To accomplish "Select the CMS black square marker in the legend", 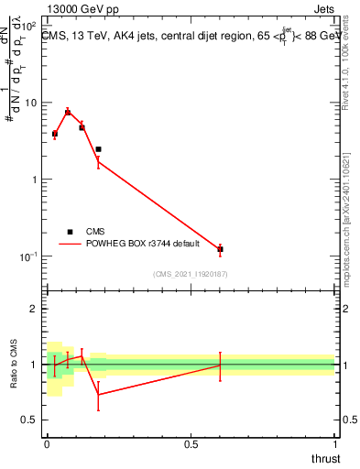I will (x=70, y=232).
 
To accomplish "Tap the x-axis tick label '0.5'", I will (x=191, y=443).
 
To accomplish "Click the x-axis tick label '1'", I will (x=334, y=443).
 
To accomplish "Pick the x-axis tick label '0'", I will (x=47, y=443).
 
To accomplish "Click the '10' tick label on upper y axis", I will (x=32, y=103).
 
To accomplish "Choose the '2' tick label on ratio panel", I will (x=35, y=309).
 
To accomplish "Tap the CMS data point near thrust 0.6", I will (x=220, y=249).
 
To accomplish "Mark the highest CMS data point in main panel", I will (x=68, y=113).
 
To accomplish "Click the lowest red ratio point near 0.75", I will (x=98, y=395).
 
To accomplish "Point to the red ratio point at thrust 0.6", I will (x=220, y=365).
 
